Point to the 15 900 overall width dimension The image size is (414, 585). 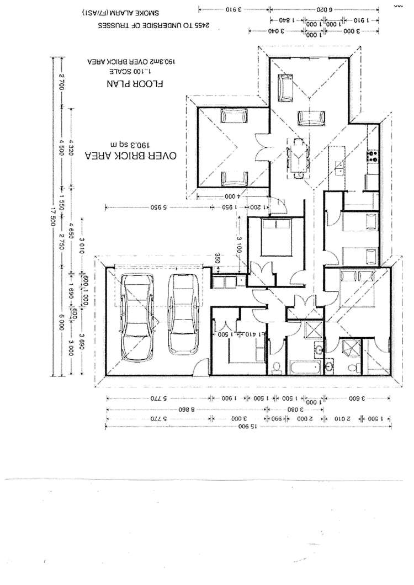point(243,427)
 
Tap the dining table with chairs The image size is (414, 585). point(298,157)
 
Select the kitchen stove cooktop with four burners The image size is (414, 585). point(373,155)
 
